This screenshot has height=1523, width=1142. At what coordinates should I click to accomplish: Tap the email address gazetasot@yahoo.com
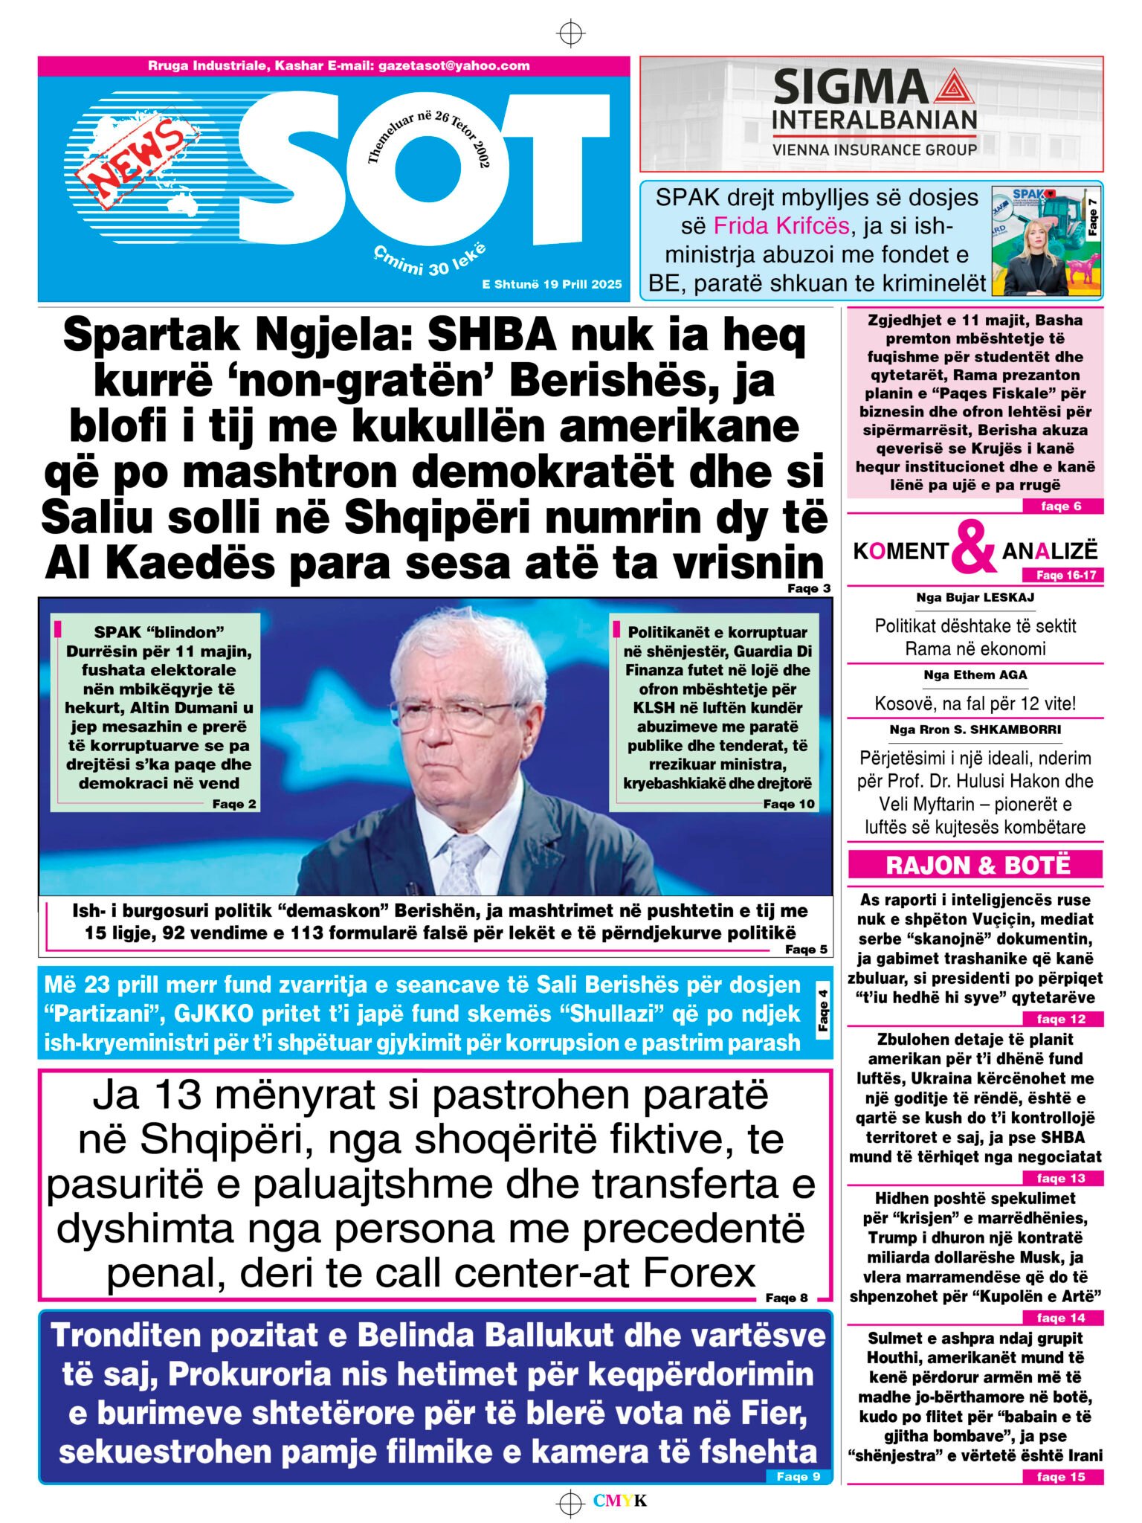(x=454, y=65)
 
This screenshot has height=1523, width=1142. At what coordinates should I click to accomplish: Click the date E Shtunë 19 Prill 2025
(x=552, y=284)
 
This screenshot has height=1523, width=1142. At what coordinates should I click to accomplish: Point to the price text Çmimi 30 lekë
(x=430, y=260)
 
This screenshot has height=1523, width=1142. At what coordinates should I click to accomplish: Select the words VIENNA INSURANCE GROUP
(x=874, y=149)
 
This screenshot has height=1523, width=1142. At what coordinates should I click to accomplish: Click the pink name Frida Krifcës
(x=781, y=225)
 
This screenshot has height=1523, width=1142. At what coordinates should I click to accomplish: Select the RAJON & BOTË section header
(x=975, y=865)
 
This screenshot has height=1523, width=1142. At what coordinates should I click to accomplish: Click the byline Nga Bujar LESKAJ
(x=975, y=597)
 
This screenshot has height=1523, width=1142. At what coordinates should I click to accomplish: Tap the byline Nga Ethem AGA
(x=975, y=675)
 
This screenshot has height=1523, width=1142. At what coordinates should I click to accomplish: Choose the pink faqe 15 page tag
(x=1060, y=1476)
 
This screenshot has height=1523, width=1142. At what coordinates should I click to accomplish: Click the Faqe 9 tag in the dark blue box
(x=798, y=1476)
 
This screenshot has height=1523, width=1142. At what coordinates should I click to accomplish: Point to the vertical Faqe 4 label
(x=822, y=1011)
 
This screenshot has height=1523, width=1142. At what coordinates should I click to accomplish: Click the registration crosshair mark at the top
(x=570, y=33)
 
